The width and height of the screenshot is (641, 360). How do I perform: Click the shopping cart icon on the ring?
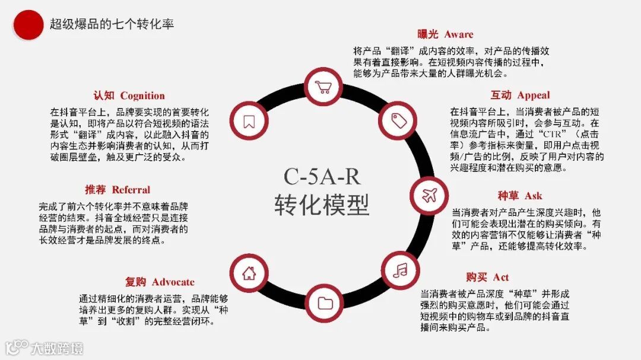click(x=324, y=88)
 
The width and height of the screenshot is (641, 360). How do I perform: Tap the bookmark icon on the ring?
click(x=249, y=121)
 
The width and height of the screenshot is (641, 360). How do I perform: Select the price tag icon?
click(x=399, y=120)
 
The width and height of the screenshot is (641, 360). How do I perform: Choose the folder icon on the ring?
click(x=325, y=303)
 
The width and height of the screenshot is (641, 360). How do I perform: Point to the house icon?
click(x=249, y=273)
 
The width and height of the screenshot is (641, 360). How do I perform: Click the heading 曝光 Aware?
click(x=445, y=34)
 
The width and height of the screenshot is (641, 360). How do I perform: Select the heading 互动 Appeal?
click(x=520, y=95)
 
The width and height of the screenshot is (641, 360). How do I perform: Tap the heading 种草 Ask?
click(x=520, y=196)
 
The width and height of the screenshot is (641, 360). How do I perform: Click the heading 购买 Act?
click(x=487, y=277)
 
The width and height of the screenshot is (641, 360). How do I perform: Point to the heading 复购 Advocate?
click(x=160, y=282)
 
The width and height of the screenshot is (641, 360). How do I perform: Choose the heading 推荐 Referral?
click(x=118, y=190)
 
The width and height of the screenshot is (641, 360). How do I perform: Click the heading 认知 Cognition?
click(x=129, y=95)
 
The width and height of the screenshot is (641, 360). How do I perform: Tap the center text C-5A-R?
click(x=322, y=176)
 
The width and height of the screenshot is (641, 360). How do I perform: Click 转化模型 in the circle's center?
click(x=322, y=205)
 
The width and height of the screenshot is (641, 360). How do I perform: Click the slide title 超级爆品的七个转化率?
click(x=112, y=24)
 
